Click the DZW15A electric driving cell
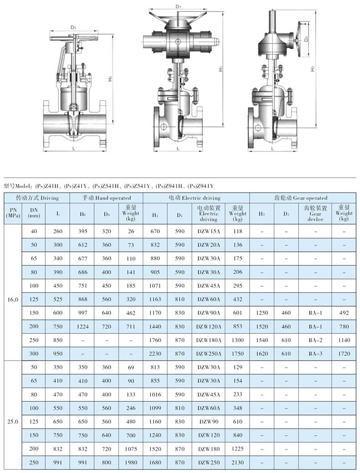coord(209,231)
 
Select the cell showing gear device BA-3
coord(315,354)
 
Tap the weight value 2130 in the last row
coord(237,462)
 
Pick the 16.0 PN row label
coord(13,299)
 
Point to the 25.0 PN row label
coord(13,422)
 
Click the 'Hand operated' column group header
coord(107,198)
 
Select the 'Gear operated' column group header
coord(301,198)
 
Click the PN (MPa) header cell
coord(13,213)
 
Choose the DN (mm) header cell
coord(34,213)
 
